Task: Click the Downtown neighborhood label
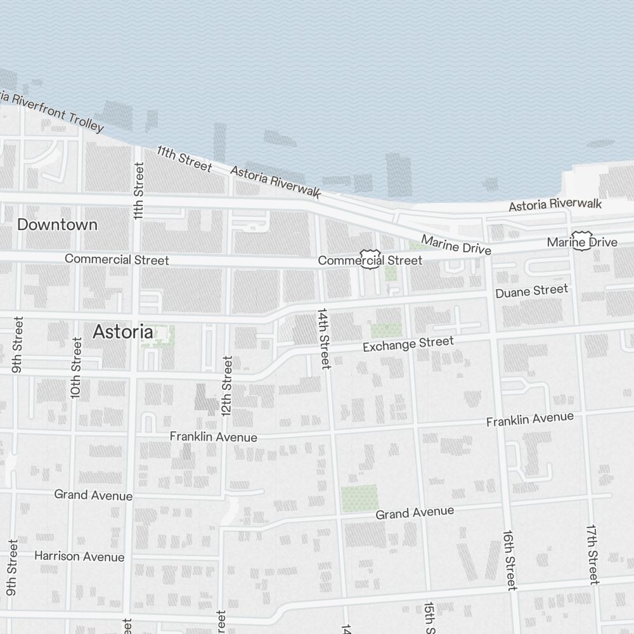click(x=57, y=224)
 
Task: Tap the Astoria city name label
click(x=123, y=332)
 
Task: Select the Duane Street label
click(x=532, y=291)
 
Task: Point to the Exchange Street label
click(x=408, y=345)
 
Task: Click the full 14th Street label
click(x=324, y=339)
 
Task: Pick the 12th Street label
click(x=226, y=385)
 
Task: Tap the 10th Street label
click(x=76, y=368)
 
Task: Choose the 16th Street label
click(x=510, y=560)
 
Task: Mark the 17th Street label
click(x=592, y=554)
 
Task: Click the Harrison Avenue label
click(x=79, y=557)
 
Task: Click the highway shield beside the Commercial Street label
click(x=370, y=258)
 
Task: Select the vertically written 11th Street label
click(x=138, y=191)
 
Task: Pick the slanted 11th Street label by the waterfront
click(x=184, y=158)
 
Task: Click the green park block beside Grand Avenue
click(x=359, y=499)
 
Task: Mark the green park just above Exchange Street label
click(x=386, y=330)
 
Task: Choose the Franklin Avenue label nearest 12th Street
click(x=213, y=437)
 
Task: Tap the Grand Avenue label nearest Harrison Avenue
click(x=93, y=495)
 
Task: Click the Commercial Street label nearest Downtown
click(x=117, y=259)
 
